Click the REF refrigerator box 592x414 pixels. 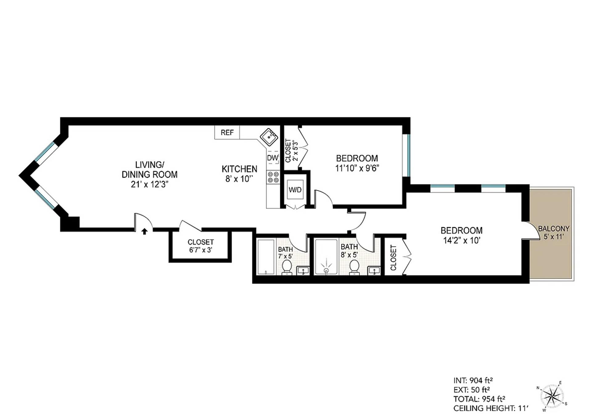(x=227, y=132)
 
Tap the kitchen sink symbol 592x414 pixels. (x=269, y=137)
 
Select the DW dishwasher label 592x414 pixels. (x=273, y=158)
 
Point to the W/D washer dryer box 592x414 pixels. (x=295, y=190)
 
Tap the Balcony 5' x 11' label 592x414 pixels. (x=553, y=233)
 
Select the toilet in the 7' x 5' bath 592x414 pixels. (x=287, y=267)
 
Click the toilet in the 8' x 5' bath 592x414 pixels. (x=354, y=267)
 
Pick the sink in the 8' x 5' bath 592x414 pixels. (x=374, y=271)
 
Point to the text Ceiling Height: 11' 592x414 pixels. (x=491, y=408)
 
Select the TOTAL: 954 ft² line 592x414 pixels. (x=479, y=399)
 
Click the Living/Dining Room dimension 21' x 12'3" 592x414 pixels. (x=150, y=184)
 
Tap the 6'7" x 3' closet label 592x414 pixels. (x=200, y=246)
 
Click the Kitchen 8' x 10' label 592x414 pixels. (x=239, y=174)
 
